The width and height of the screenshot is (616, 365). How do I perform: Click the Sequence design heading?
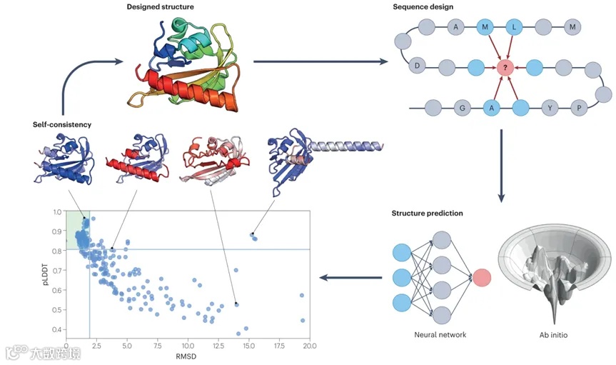[x=422, y=8]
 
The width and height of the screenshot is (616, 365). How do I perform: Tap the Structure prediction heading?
[x=427, y=214]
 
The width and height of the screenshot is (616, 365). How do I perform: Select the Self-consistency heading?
[x=61, y=124]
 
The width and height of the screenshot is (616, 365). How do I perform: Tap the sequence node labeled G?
[x=463, y=109]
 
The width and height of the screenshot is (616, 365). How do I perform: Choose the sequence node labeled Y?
[x=550, y=109]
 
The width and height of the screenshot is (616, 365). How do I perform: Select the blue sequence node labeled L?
[x=515, y=28]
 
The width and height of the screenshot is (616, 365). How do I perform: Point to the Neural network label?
[x=440, y=334]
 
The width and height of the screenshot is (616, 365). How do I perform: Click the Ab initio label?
[x=554, y=334]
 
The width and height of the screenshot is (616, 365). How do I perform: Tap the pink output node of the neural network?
[x=480, y=278]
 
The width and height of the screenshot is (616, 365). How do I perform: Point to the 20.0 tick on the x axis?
[x=308, y=346]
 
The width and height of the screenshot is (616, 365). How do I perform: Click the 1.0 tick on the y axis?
[x=56, y=212]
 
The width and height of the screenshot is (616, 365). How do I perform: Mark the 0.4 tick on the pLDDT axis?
[x=56, y=329]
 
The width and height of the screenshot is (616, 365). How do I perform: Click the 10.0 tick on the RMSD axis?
[x=187, y=346]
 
